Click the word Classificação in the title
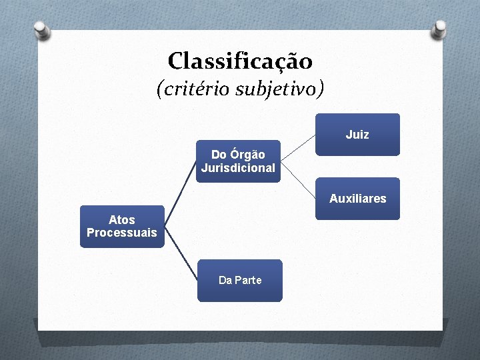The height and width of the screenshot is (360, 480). pyautogui.click(x=240, y=61)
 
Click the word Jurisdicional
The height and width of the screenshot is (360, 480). pyautogui.click(x=238, y=168)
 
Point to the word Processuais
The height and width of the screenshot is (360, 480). pyautogui.click(x=122, y=233)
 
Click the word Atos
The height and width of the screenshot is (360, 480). pyautogui.click(x=122, y=219)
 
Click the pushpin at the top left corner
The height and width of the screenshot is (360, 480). pyautogui.click(x=42, y=30)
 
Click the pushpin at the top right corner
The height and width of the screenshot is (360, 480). pyautogui.click(x=439, y=29)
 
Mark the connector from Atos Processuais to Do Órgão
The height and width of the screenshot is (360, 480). pyautogui.click(x=181, y=193)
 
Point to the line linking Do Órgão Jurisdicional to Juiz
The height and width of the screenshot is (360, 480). pyautogui.click(x=298, y=147)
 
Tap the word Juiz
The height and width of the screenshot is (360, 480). pyautogui.click(x=357, y=135)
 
